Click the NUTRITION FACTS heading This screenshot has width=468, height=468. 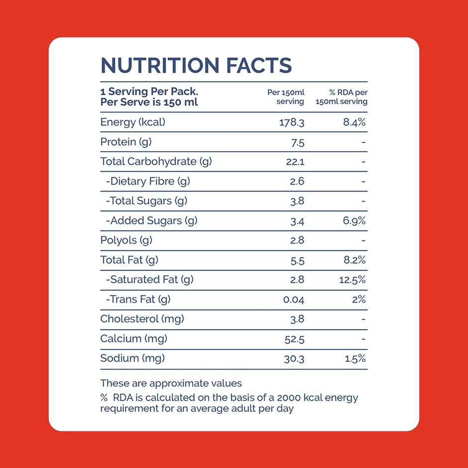196,65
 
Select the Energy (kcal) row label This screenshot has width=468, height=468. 132,122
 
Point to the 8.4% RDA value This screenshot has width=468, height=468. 354,122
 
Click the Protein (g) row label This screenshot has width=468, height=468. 125,142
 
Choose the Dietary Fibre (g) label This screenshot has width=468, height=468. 148,181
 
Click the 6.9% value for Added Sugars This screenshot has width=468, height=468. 354,221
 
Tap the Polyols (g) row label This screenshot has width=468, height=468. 126,240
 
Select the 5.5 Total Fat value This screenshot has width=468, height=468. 297,260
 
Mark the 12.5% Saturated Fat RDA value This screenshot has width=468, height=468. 352,280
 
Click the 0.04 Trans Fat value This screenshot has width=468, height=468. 294,300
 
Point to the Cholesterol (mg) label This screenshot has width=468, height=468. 142,319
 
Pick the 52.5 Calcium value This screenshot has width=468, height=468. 294,339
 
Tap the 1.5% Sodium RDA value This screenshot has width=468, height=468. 355,358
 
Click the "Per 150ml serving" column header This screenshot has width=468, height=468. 286,97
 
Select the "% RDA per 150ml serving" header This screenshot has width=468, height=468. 342,97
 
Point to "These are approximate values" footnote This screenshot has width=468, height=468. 171,383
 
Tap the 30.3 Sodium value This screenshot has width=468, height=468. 294,358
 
